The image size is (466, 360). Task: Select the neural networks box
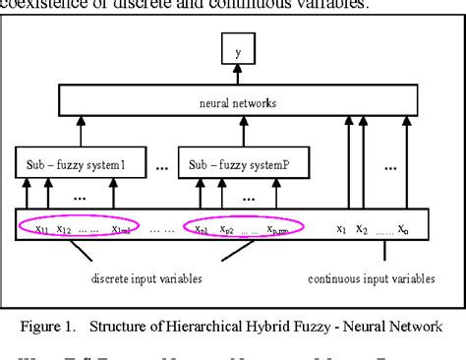236,100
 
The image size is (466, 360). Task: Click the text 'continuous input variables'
371,279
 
